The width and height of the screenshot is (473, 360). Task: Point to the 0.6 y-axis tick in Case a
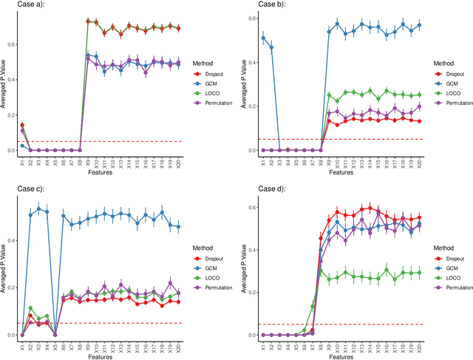tap(11, 44)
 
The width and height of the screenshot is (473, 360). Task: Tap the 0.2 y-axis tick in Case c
tap(11, 288)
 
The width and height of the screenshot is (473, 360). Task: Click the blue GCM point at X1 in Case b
tap(264, 38)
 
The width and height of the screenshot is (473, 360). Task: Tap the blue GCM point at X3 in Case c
tap(38, 209)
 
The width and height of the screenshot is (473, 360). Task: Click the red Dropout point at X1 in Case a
tap(22, 105)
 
